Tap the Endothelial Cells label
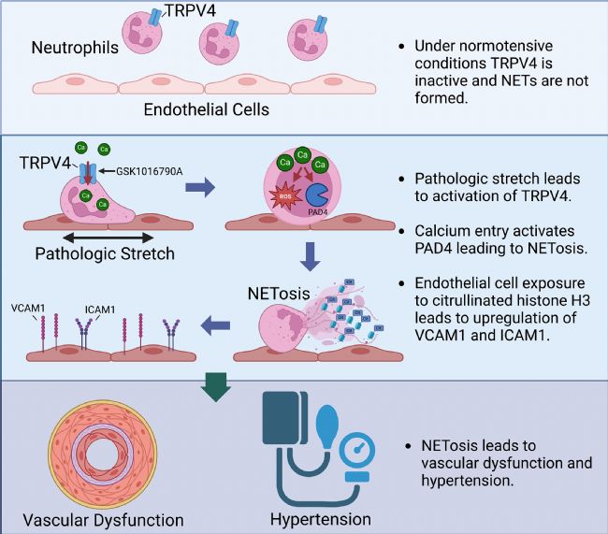coord(206,109)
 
